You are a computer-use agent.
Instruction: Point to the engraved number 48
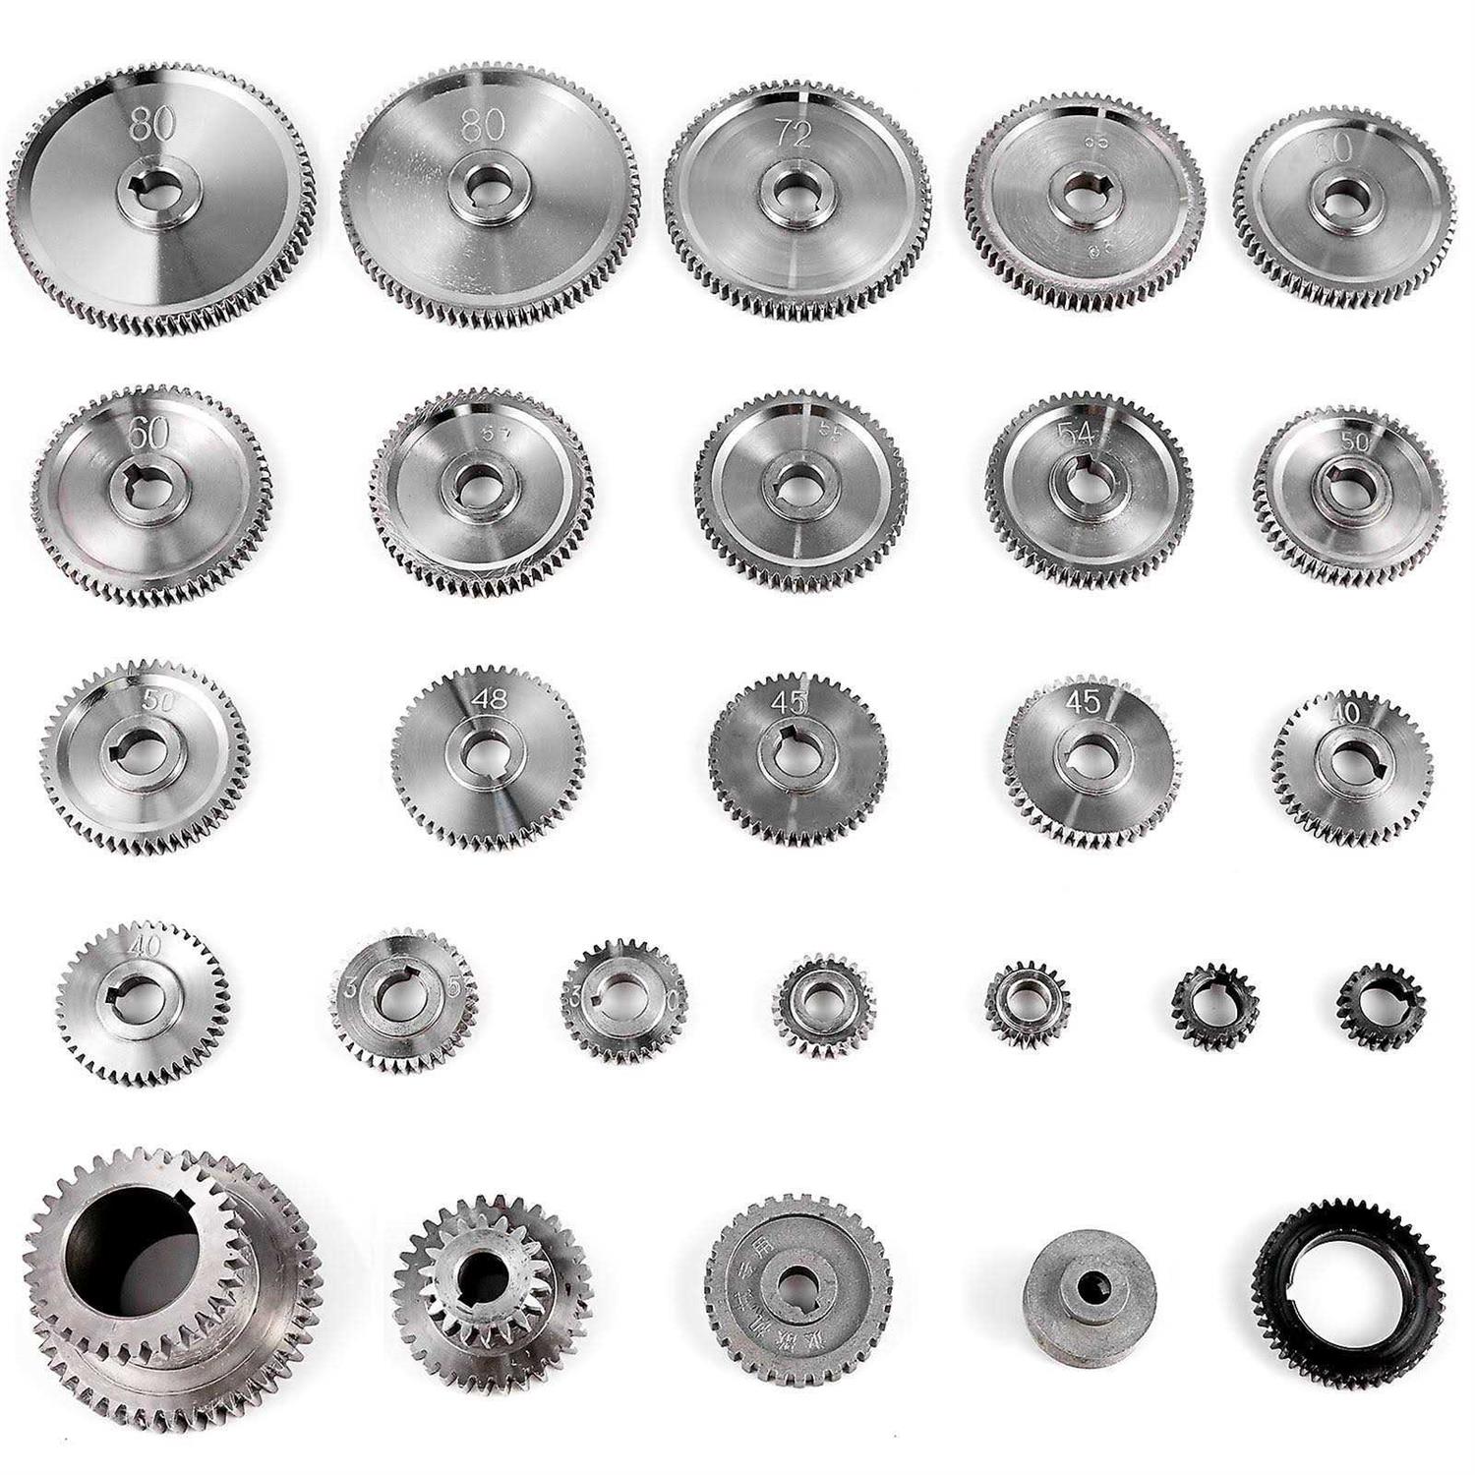pyautogui.click(x=489, y=700)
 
